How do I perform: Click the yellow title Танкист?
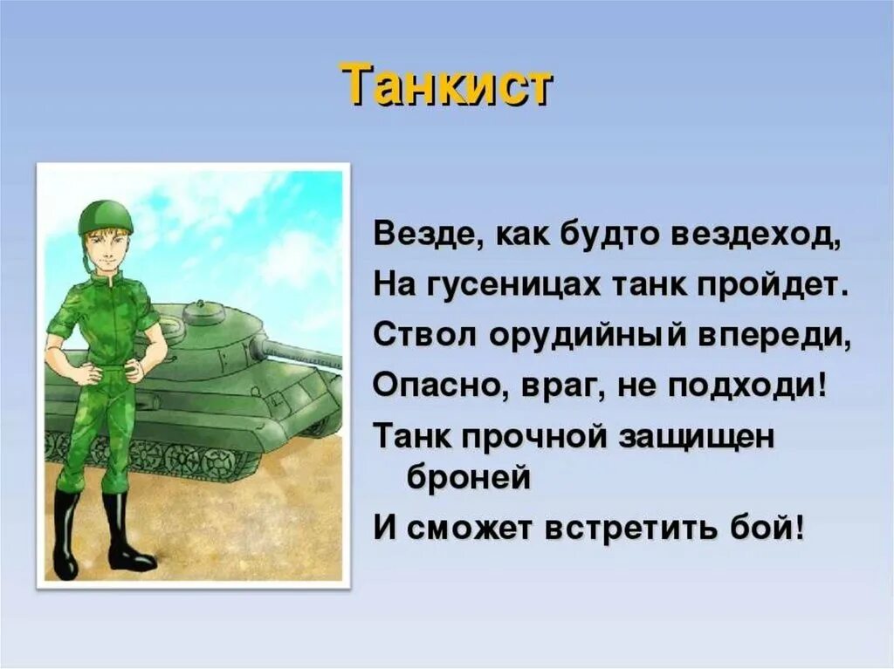(x=446, y=85)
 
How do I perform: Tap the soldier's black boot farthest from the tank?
(x=65, y=536)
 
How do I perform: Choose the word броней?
(x=469, y=479)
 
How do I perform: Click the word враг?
(x=542, y=384)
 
